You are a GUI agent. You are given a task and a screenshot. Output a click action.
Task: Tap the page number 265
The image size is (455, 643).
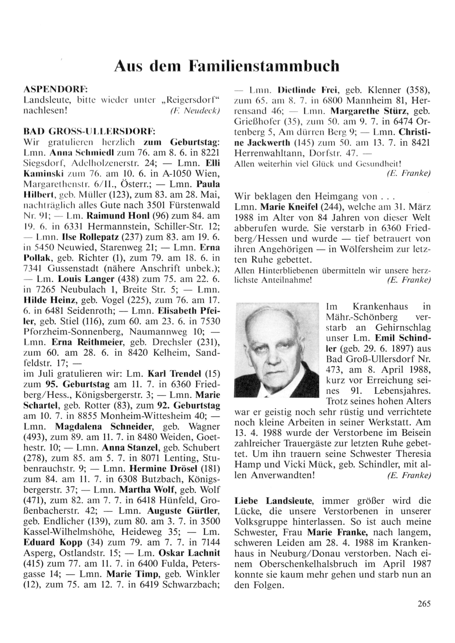coord(423,604)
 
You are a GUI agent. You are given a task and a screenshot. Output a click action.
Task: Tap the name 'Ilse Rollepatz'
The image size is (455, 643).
coord(75,237)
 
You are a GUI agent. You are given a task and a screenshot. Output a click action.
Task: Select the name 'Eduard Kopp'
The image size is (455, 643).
coord(53,542)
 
